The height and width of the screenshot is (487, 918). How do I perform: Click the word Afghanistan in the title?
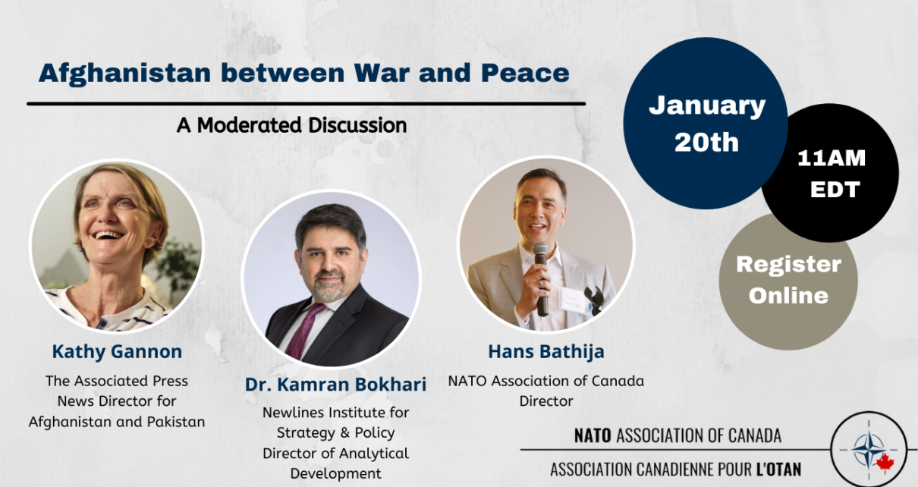124,74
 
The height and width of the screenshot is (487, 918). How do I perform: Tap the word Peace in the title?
525,73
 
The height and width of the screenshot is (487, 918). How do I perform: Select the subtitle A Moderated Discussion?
292,125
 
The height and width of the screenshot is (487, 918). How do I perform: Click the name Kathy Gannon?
117,352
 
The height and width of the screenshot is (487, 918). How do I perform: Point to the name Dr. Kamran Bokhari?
335,384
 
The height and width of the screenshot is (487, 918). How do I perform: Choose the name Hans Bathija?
546,352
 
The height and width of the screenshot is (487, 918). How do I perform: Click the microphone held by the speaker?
541,278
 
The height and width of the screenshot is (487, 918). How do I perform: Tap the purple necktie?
304,330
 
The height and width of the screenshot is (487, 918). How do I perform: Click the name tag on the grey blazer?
574,301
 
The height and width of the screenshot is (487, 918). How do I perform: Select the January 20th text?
707,124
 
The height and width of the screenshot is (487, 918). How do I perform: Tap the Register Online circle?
788,281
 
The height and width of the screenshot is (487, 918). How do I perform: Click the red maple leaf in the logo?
885,463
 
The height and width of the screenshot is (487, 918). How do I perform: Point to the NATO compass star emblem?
869,450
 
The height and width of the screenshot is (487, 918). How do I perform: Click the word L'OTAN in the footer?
778,470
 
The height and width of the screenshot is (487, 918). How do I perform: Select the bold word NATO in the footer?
593,435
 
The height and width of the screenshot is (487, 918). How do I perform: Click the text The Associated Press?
117,382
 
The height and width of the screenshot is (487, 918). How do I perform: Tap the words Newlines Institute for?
335,413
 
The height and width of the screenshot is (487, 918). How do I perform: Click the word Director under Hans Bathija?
546,401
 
